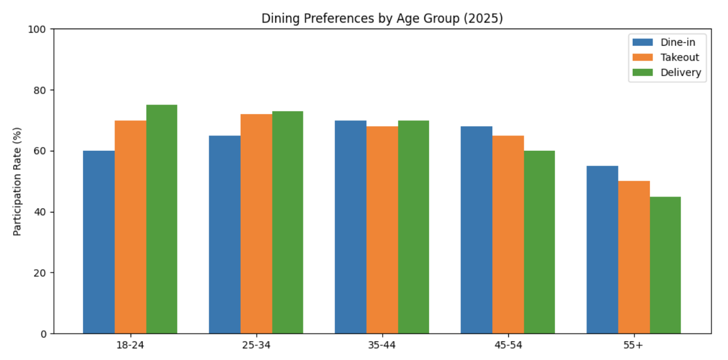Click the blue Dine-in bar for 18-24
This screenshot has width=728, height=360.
point(99,242)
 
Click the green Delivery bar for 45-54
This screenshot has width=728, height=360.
point(539,242)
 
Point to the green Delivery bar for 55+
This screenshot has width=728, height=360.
point(665,265)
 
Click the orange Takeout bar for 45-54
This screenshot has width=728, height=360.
point(508,234)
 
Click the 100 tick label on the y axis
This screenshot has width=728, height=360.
point(40,29)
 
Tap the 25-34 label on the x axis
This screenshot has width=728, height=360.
point(256,345)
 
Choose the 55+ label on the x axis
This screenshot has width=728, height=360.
point(634,345)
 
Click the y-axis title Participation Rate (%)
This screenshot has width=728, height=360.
point(17,181)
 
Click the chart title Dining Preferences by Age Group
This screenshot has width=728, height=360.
point(382,18)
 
